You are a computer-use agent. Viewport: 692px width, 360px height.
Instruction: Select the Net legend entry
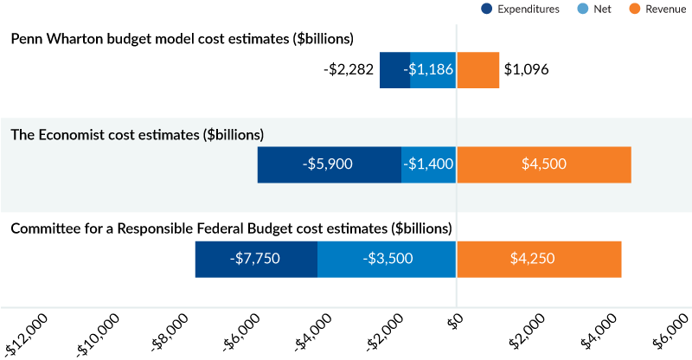[597, 9]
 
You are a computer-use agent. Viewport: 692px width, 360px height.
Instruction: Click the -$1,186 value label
[429, 69]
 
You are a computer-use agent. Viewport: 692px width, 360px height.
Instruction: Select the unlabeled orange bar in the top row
[478, 69]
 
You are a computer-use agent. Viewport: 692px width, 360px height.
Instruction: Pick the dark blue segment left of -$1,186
[394, 69]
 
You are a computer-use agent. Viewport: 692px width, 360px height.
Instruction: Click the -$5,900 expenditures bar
[330, 164]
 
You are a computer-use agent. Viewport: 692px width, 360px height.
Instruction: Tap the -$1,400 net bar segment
[429, 164]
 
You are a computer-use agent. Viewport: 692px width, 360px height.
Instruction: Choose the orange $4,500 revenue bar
[544, 164]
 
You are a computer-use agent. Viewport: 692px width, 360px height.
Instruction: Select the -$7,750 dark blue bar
[256, 259]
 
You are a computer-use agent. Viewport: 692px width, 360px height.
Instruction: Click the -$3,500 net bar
[387, 259]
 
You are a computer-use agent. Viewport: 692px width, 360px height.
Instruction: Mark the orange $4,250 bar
[539, 259]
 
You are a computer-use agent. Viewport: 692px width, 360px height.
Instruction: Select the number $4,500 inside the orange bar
[544, 164]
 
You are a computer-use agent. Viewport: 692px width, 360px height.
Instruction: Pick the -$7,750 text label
[255, 259]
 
